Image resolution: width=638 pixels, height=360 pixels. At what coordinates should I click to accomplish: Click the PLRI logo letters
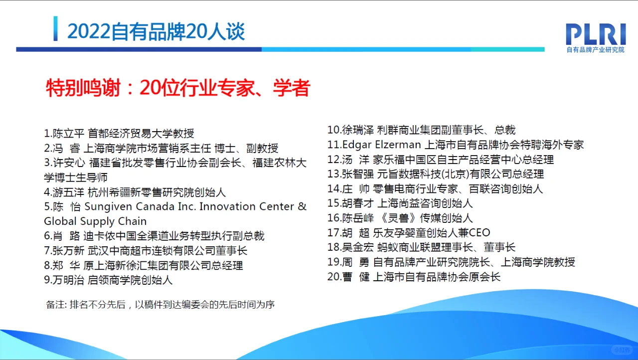[595, 34]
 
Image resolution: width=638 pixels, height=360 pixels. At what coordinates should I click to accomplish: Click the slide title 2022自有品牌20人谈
[156, 32]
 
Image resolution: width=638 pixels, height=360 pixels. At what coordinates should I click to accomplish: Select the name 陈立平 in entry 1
[69, 134]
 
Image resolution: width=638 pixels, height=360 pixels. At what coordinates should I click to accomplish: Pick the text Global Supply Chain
[95, 221]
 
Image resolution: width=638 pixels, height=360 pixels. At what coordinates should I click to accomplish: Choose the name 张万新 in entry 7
[69, 250]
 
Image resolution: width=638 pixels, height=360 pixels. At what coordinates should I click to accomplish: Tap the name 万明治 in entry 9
[69, 280]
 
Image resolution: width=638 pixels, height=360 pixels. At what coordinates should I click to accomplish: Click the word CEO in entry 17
[479, 233]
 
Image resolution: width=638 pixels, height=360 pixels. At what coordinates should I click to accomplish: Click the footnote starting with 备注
[160, 305]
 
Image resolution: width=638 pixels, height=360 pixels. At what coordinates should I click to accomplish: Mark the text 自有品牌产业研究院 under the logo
[595, 50]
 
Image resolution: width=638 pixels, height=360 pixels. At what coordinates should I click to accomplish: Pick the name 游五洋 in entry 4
[69, 192]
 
